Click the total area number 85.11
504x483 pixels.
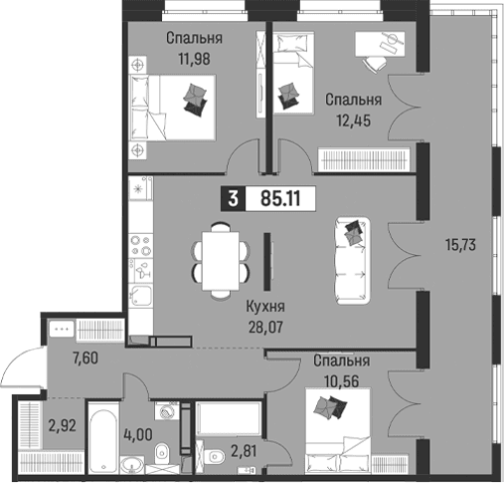tap(280, 199)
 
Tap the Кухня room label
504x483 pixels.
tap(265, 307)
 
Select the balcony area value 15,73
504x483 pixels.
tap(460, 245)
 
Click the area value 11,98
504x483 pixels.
tap(195, 59)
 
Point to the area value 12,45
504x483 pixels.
tap(354, 121)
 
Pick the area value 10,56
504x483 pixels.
tap(342, 381)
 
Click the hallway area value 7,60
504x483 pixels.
tap(85, 359)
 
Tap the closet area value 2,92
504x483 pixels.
tap(63, 425)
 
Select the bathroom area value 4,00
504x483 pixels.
tap(138, 434)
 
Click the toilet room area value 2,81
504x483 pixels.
tap(244, 451)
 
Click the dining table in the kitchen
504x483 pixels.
tap(221, 261)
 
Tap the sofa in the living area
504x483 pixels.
tap(353, 260)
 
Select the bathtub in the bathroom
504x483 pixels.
tap(102, 440)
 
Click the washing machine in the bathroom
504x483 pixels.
tap(166, 411)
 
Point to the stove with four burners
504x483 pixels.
tap(141, 245)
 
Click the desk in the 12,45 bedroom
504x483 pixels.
tap(380, 44)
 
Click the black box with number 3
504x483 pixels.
tap(233, 199)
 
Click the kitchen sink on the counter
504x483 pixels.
tap(141, 295)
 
